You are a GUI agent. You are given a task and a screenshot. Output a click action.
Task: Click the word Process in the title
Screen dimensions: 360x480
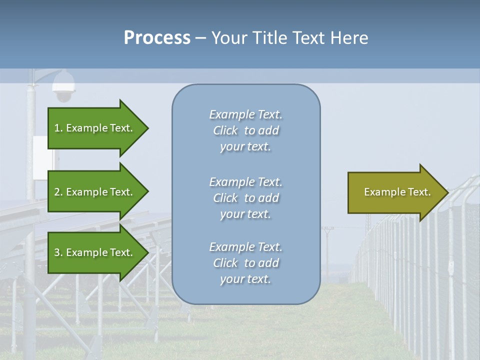157,37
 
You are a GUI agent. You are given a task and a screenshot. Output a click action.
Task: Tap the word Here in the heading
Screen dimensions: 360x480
349,37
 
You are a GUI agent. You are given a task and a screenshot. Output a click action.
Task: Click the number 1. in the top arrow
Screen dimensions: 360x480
58,128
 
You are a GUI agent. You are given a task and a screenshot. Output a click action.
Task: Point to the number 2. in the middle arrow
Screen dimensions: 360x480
58,192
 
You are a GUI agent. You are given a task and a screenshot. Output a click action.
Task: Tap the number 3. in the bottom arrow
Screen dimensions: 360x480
58,252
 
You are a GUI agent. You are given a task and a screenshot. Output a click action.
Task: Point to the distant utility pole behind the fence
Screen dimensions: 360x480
327,250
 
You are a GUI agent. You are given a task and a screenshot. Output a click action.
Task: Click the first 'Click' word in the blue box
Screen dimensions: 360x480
225,130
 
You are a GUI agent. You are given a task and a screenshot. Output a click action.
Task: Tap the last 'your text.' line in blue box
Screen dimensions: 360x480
245,279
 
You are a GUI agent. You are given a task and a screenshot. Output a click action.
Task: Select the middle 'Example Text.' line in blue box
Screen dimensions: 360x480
245,181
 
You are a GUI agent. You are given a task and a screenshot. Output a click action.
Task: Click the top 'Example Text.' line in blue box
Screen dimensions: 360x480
245,114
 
